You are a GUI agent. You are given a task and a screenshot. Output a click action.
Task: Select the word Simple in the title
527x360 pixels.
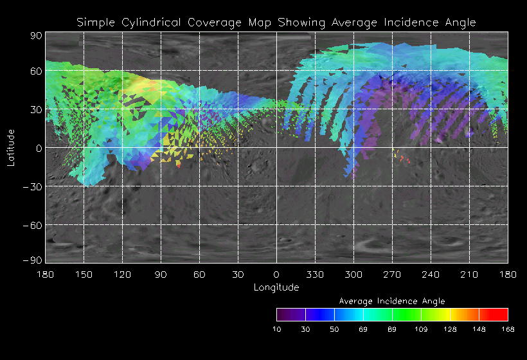tap(95, 22)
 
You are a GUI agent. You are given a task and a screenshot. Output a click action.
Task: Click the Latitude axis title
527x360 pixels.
tap(11, 147)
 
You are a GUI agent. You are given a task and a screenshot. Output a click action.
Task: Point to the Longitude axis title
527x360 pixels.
tap(276, 287)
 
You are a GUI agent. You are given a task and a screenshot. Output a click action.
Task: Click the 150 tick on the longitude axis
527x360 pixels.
tap(84, 274)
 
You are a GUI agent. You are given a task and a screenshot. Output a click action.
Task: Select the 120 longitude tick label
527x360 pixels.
tap(122, 274)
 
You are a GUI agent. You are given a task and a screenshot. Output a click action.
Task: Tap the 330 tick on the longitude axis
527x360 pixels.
tap(315, 274)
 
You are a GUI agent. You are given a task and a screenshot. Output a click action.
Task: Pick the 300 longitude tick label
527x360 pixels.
tap(353, 274)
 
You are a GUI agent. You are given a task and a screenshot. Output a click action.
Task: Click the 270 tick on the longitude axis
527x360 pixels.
tap(392, 274)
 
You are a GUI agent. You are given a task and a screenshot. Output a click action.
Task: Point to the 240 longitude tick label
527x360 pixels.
tap(431, 274)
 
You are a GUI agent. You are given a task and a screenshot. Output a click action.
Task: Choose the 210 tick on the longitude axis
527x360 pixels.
tap(469, 274)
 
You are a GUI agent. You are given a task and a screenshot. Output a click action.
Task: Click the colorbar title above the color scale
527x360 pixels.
tap(392, 301)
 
